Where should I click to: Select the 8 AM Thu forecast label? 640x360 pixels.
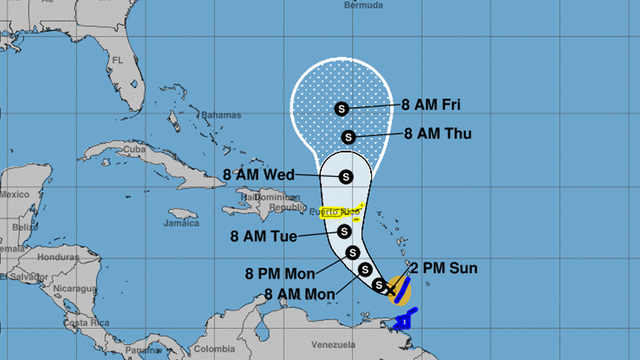439,133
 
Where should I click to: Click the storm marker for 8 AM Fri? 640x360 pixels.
342,108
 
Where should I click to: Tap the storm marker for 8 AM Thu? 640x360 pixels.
348,137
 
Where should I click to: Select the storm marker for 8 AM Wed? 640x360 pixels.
346,176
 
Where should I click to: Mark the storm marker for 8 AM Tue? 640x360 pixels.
345,232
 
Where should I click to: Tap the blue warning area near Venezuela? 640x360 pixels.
405,321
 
